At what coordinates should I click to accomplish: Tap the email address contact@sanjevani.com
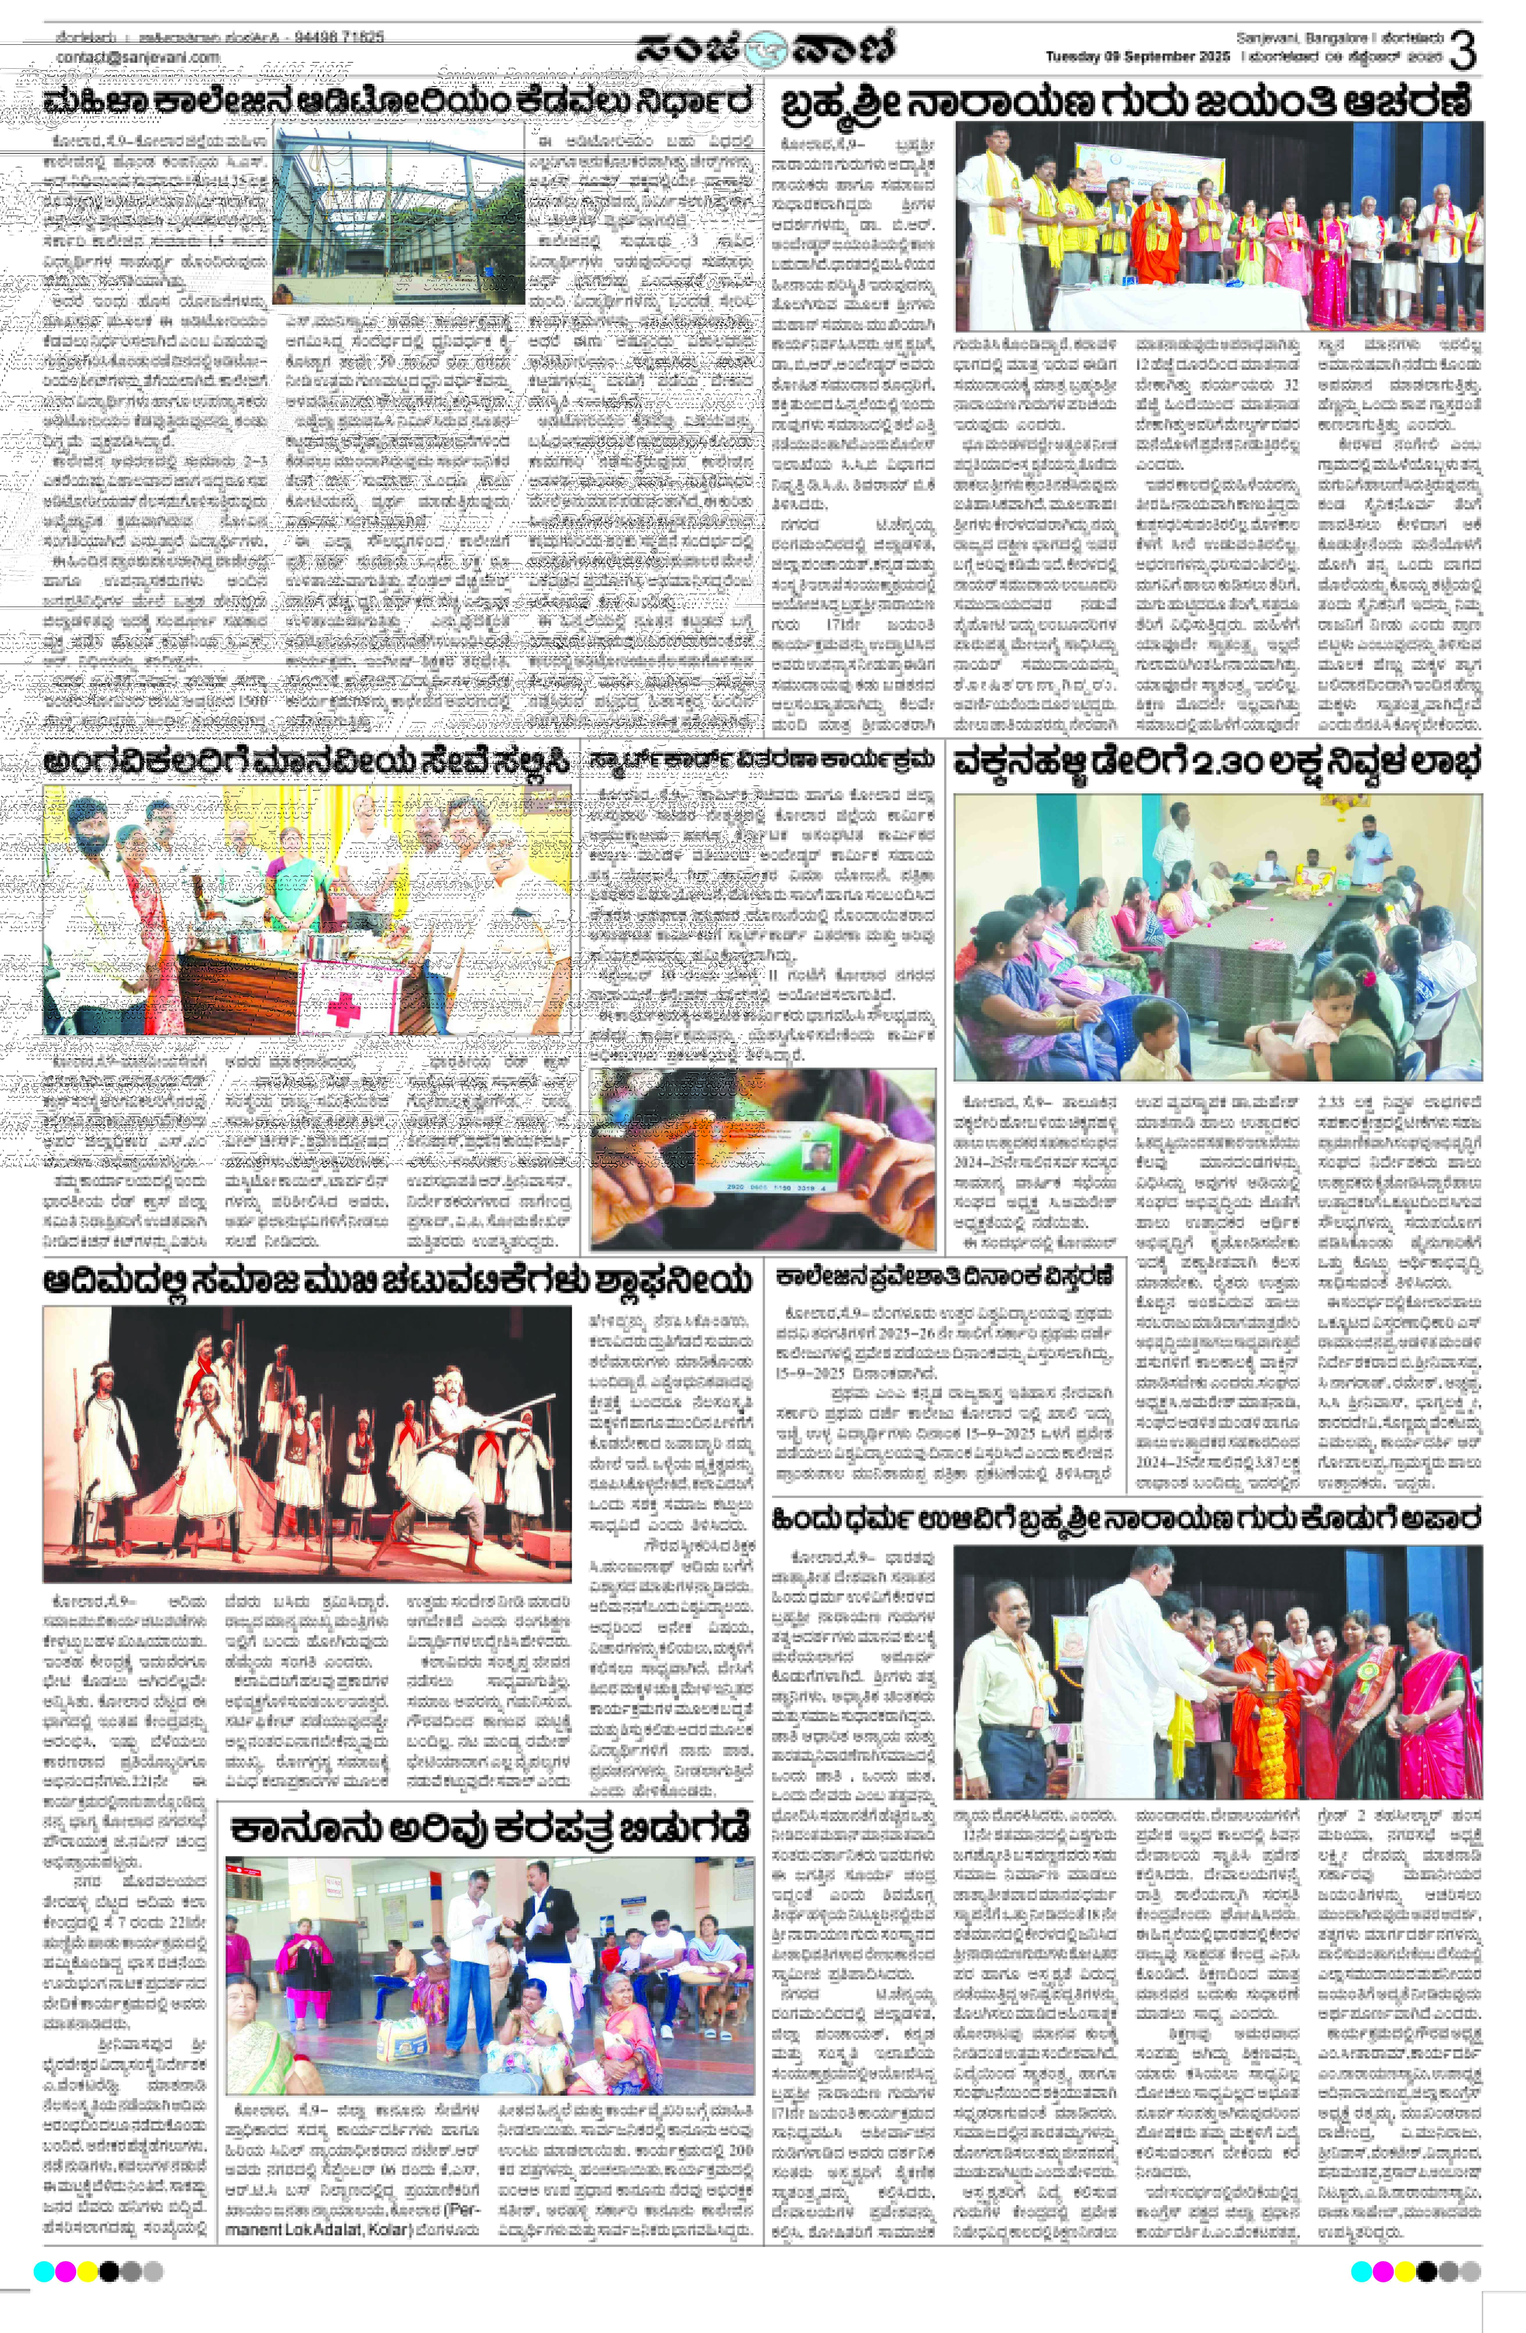[137, 58]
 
